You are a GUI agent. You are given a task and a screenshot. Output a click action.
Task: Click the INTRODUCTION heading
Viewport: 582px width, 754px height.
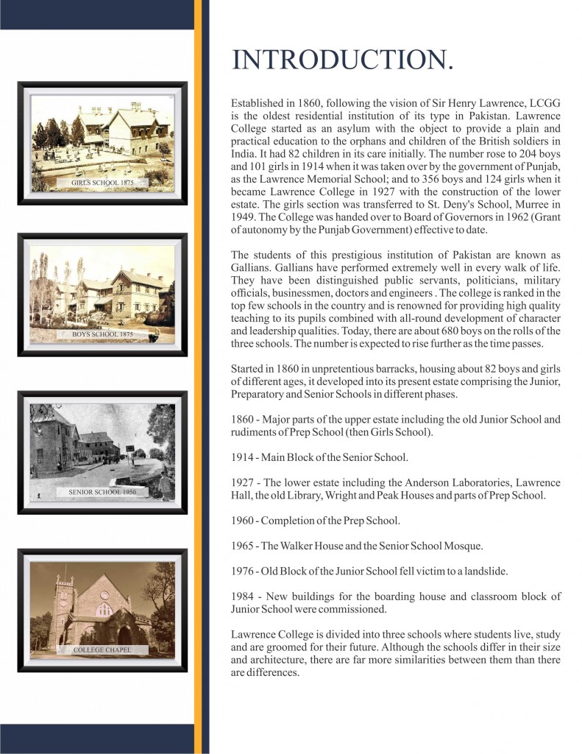342,60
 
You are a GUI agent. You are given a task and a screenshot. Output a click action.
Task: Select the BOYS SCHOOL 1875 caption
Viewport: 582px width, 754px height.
102,334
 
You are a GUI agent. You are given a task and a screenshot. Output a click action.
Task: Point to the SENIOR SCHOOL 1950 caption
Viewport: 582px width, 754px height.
102,491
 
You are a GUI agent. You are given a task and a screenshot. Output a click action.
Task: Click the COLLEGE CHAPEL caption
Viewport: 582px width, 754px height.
102,650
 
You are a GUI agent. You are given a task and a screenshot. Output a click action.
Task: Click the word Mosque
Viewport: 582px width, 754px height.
463,546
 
